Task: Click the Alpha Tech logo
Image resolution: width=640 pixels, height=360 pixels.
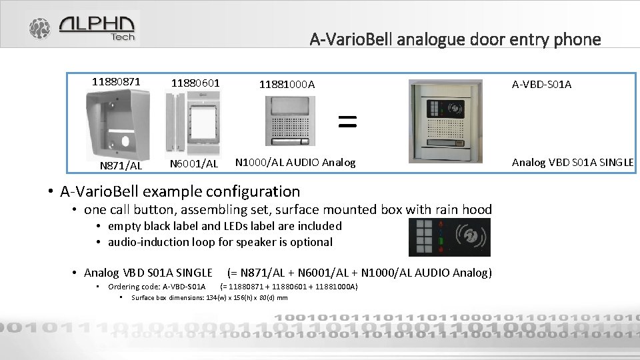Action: pyautogui.click(x=83, y=28)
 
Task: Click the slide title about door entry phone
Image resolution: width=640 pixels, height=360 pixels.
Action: pyautogui.click(x=455, y=39)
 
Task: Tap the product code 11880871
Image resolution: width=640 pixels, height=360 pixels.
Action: pyautogui.click(x=116, y=82)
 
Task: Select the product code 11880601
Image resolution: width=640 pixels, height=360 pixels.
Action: pyautogui.click(x=195, y=83)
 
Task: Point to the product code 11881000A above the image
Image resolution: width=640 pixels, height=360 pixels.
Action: pyautogui.click(x=287, y=85)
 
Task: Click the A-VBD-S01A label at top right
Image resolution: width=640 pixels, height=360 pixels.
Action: pyautogui.click(x=541, y=84)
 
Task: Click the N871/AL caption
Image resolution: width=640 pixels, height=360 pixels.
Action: pyautogui.click(x=121, y=165)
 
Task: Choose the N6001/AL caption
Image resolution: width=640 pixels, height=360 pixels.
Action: pyautogui.click(x=194, y=163)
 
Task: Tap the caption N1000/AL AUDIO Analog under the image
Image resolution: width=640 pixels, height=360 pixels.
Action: pyautogui.click(x=295, y=162)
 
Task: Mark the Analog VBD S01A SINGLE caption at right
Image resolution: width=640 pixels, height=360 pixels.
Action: pyautogui.click(x=572, y=162)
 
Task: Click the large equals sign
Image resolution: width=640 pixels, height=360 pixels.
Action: pyautogui.click(x=347, y=121)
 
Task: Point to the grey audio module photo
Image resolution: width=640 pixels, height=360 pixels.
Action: pyautogui.click(x=287, y=121)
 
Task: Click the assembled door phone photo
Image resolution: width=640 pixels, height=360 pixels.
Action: pyautogui.click(x=445, y=121)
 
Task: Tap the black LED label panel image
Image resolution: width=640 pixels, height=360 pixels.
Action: pyautogui.click(x=449, y=237)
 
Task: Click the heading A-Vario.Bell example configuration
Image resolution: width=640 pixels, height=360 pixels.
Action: pyautogui.click(x=180, y=191)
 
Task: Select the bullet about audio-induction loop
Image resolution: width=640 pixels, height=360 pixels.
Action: pyautogui.click(x=220, y=242)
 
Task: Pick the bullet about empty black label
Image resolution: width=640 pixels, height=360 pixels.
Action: pyautogui.click(x=225, y=226)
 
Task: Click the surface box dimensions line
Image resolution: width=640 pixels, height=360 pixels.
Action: pyautogui.click(x=209, y=298)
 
